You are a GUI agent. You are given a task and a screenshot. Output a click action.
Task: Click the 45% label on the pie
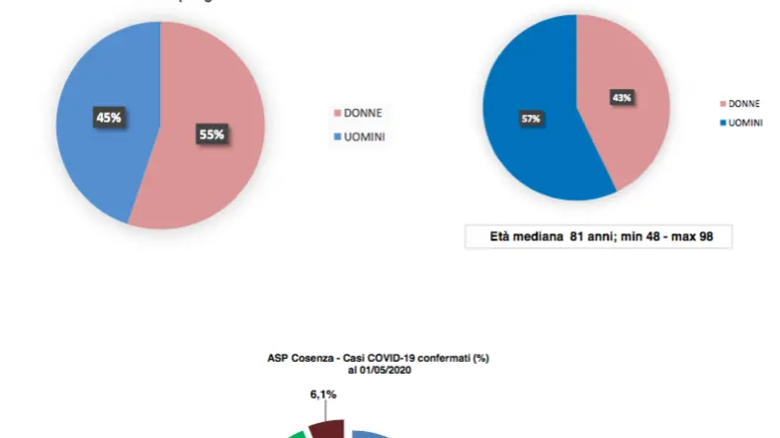pyautogui.click(x=109, y=117)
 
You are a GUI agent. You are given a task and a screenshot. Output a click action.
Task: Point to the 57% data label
pyautogui.click(x=530, y=119)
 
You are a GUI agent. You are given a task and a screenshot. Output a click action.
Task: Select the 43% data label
pyautogui.click(x=622, y=98)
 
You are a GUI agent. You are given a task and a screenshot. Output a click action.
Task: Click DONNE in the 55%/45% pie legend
pyautogui.click(x=362, y=113)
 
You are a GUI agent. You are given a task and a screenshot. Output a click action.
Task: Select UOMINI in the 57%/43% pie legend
pyautogui.click(x=748, y=123)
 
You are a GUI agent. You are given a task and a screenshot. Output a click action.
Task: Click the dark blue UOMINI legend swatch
pyautogui.click(x=723, y=123)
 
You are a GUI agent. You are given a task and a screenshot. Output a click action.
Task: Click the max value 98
pyautogui.click(x=716, y=237)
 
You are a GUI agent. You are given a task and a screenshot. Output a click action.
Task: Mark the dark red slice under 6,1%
pyautogui.click(x=326, y=429)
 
